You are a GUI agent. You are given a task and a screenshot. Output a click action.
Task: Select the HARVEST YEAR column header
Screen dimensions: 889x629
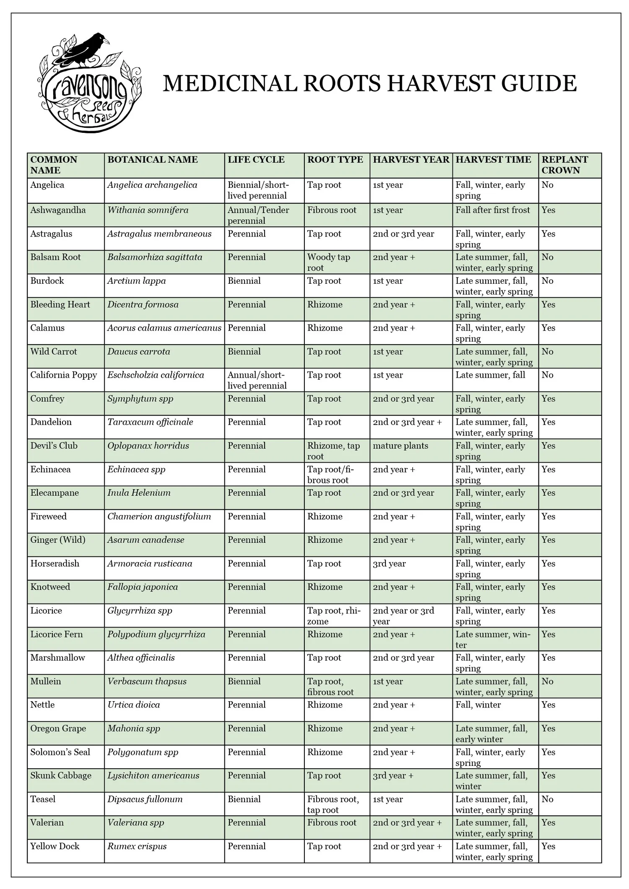point(411,160)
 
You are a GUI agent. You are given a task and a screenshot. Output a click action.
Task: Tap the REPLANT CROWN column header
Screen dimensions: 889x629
point(564,165)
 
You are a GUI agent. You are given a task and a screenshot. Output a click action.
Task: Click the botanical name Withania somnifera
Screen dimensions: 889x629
point(148,210)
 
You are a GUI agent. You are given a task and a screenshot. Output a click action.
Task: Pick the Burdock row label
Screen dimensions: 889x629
point(47,281)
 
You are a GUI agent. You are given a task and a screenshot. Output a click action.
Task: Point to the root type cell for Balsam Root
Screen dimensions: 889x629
point(328,262)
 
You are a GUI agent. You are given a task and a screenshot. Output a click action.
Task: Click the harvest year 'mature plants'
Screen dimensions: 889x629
point(400,446)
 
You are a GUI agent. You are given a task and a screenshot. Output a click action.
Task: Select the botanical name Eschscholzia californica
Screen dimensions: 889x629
point(156,375)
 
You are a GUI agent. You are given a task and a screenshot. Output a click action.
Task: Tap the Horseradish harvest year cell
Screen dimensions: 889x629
point(389,563)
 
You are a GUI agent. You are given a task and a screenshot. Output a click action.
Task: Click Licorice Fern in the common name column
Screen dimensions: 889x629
point(56,634)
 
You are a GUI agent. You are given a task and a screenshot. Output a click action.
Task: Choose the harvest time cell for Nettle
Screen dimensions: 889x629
point(478,705)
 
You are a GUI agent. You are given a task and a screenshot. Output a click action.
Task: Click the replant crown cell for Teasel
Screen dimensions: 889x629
point(547,799)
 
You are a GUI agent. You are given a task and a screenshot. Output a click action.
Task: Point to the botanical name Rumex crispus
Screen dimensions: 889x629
point(137,846)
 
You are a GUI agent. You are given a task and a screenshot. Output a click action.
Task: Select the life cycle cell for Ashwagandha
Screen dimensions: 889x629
point(258,215)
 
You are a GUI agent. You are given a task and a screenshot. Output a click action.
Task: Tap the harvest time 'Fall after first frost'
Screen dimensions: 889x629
point(493,210)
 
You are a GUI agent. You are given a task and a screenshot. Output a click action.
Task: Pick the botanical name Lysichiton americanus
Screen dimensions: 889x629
point(153,775)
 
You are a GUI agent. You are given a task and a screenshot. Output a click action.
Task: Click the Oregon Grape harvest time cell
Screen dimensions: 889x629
point(491,733)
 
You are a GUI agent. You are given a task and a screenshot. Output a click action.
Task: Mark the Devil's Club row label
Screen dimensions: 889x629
point(54,446)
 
